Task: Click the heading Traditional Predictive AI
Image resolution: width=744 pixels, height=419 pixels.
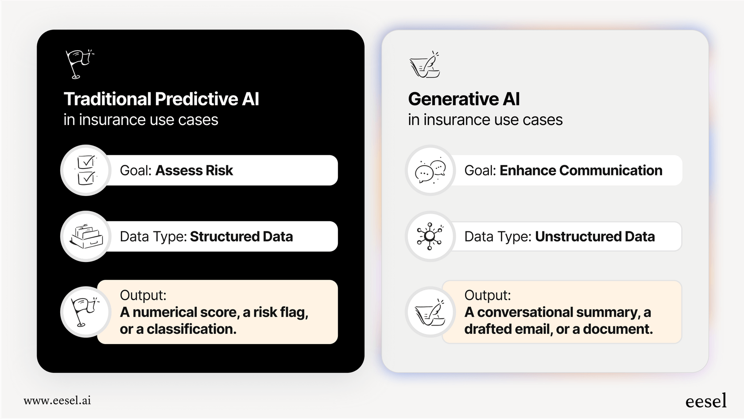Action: point(161,99)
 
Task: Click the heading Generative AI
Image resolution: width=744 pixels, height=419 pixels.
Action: point(464,99)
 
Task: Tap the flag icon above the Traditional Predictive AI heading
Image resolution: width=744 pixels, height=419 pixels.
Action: point(79,64)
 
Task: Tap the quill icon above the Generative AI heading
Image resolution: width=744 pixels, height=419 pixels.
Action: point(425,65)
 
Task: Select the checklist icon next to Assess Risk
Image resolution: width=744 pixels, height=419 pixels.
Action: point(86,170)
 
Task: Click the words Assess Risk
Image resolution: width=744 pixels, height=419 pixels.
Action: point(194,171)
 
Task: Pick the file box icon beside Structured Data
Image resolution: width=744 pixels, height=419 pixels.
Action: point(86,236)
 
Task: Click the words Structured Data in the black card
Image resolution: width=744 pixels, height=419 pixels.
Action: point(241,237)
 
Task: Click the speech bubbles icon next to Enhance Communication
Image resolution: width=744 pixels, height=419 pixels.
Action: point(430,171)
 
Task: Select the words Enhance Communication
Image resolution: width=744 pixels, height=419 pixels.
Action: point(581,171)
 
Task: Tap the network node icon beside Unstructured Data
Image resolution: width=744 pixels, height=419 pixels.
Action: point(430,236)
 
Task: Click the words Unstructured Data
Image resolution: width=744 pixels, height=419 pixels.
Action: point(594,237)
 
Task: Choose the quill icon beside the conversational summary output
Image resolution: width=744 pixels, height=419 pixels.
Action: point(430,312)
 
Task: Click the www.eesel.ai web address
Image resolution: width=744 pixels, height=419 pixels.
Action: point(57,401)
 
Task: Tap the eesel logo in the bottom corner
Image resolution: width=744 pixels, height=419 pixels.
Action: point(706,401)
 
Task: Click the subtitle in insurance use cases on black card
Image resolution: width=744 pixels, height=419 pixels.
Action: point(141,120)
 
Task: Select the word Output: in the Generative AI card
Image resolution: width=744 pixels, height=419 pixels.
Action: point(487,295)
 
